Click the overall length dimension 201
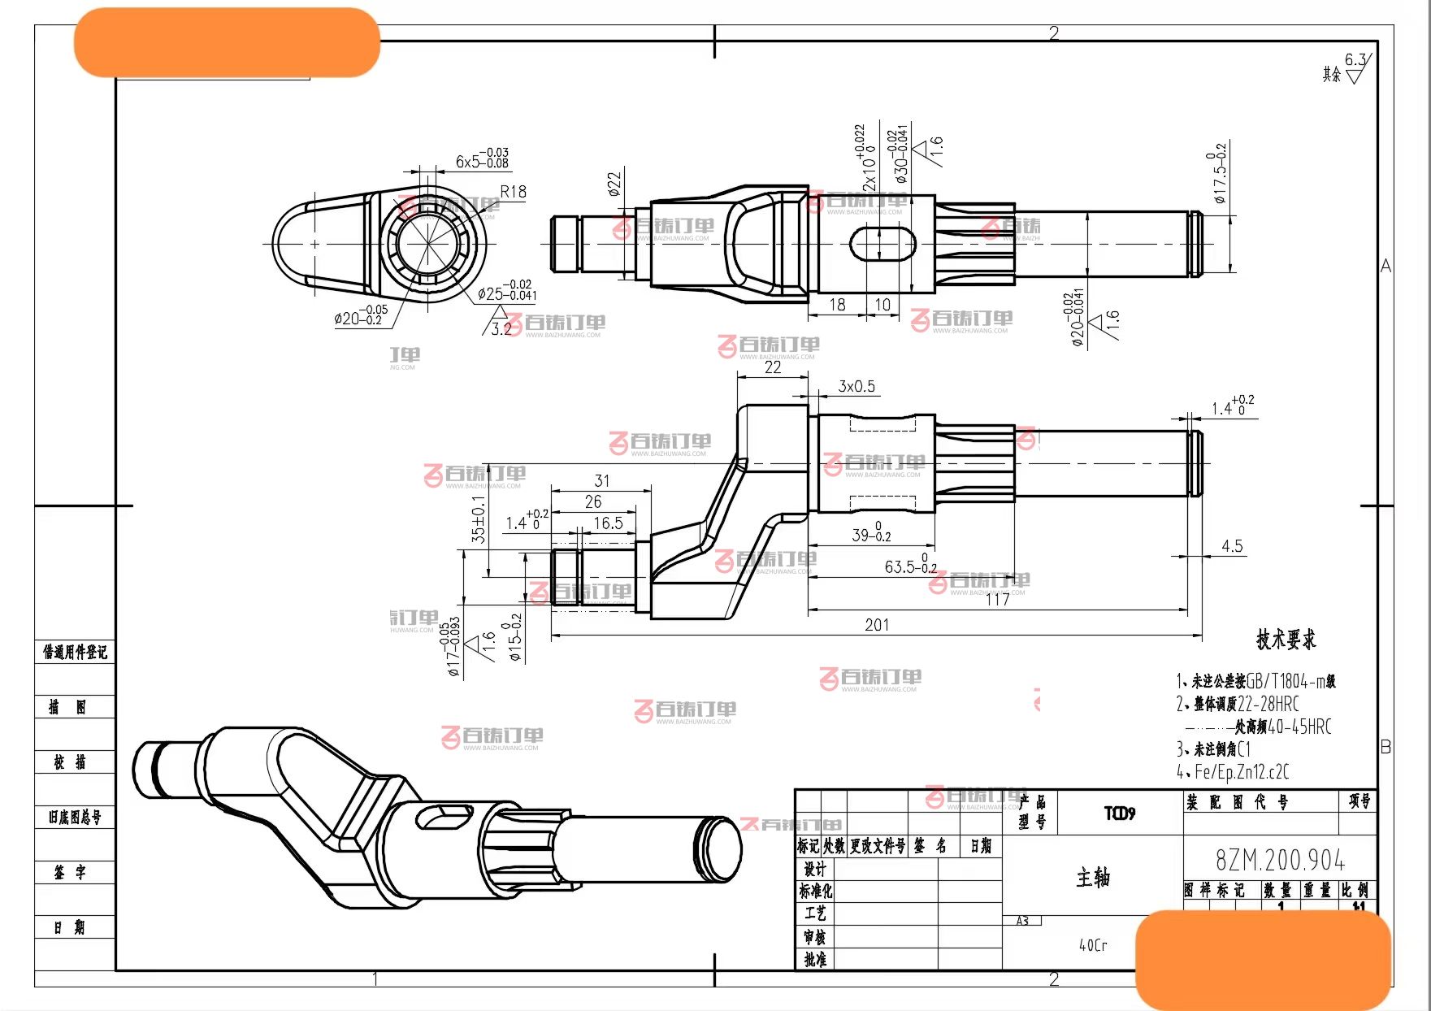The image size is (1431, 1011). pyautogui.click(x=876, y=625)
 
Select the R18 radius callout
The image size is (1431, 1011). pyautogui.click(x=513, y=192)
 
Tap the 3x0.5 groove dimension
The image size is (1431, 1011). pyautogui.click(x=856, y=386)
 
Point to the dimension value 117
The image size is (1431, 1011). pyautogui.click(x=997, y=600)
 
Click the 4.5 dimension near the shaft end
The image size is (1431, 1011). pyautogui.click(x=1232, y=546)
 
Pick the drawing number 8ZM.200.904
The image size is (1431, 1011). pyautogui.click(x=1280, y=860)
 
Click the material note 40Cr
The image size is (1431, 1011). pyautogui.click(x=1093, y=945)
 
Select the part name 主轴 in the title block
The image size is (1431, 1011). pyautogui.click(x=1093, y=878)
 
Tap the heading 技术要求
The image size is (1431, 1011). pyautogui.click(x=1286, y=640)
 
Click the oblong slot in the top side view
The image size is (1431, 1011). pyautogui.click(x=882, y=243)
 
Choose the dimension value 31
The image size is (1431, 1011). pyautogui.click(x=601, y=480)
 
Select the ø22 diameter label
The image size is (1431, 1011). pyautogui.click(x=614, y=183)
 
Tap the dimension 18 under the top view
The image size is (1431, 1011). pyautogui.click(x=837, y=305)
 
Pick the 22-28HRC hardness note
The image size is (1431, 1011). pyautogui.click(x=1268, y=704)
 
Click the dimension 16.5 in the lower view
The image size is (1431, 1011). pyautogui.click(x=608, y=523)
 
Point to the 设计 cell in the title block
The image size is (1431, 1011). pyautogui.click(x=815, y=869)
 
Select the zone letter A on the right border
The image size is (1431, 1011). pyautogui.click(x=1385, y=266)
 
